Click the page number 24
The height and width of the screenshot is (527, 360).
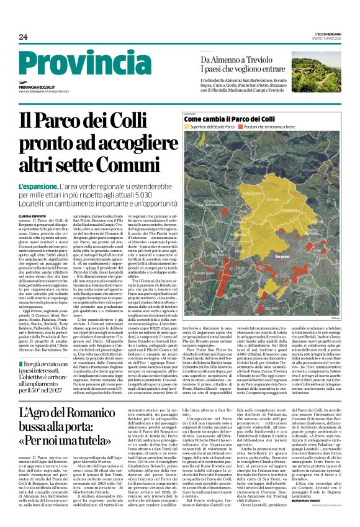pyautogui.click(x=23, y=37)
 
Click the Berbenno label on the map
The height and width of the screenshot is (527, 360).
pyautogui.click(x=214, y=145)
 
